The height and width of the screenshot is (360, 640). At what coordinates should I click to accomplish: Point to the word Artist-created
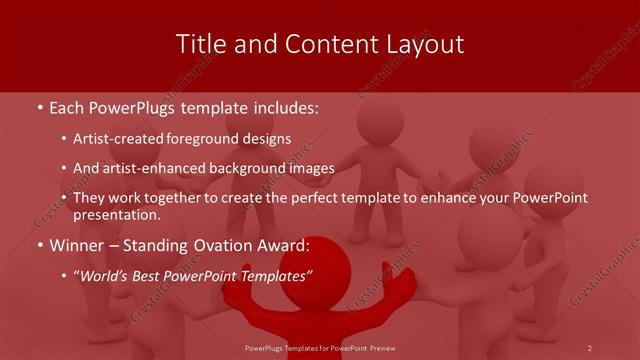(124, 139)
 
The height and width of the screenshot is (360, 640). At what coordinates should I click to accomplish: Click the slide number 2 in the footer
(589, 347)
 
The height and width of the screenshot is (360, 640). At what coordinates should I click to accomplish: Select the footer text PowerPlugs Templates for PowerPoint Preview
(319, 347)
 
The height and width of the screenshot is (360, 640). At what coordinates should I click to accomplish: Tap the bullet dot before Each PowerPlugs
(38, 107)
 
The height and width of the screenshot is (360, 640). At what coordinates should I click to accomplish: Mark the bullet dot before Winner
(38, 246)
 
